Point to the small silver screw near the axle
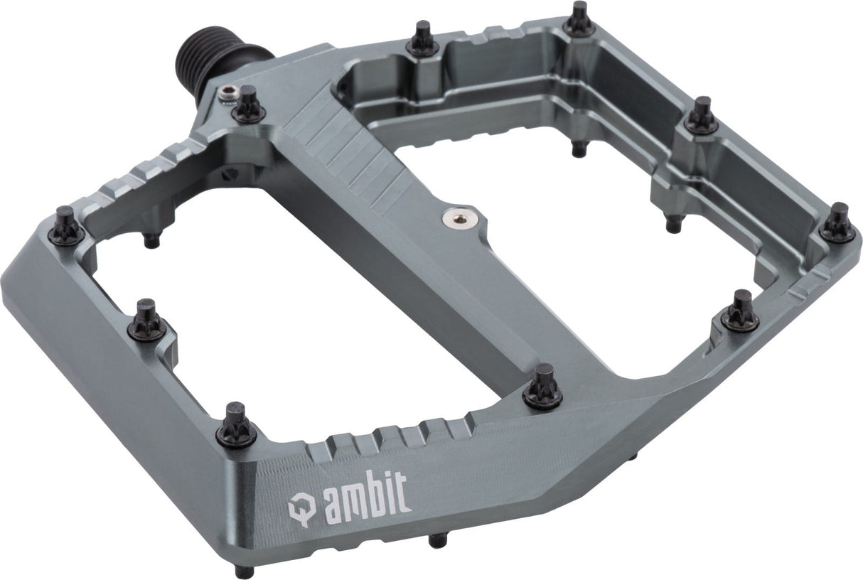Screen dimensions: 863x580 coord(227,95)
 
